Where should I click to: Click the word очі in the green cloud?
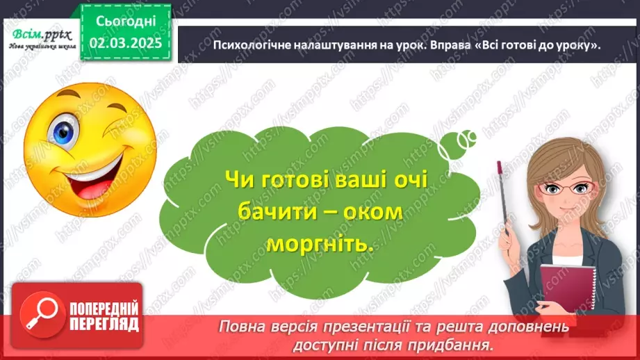click(407, 179)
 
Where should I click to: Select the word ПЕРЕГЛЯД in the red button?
click(104, 323)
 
